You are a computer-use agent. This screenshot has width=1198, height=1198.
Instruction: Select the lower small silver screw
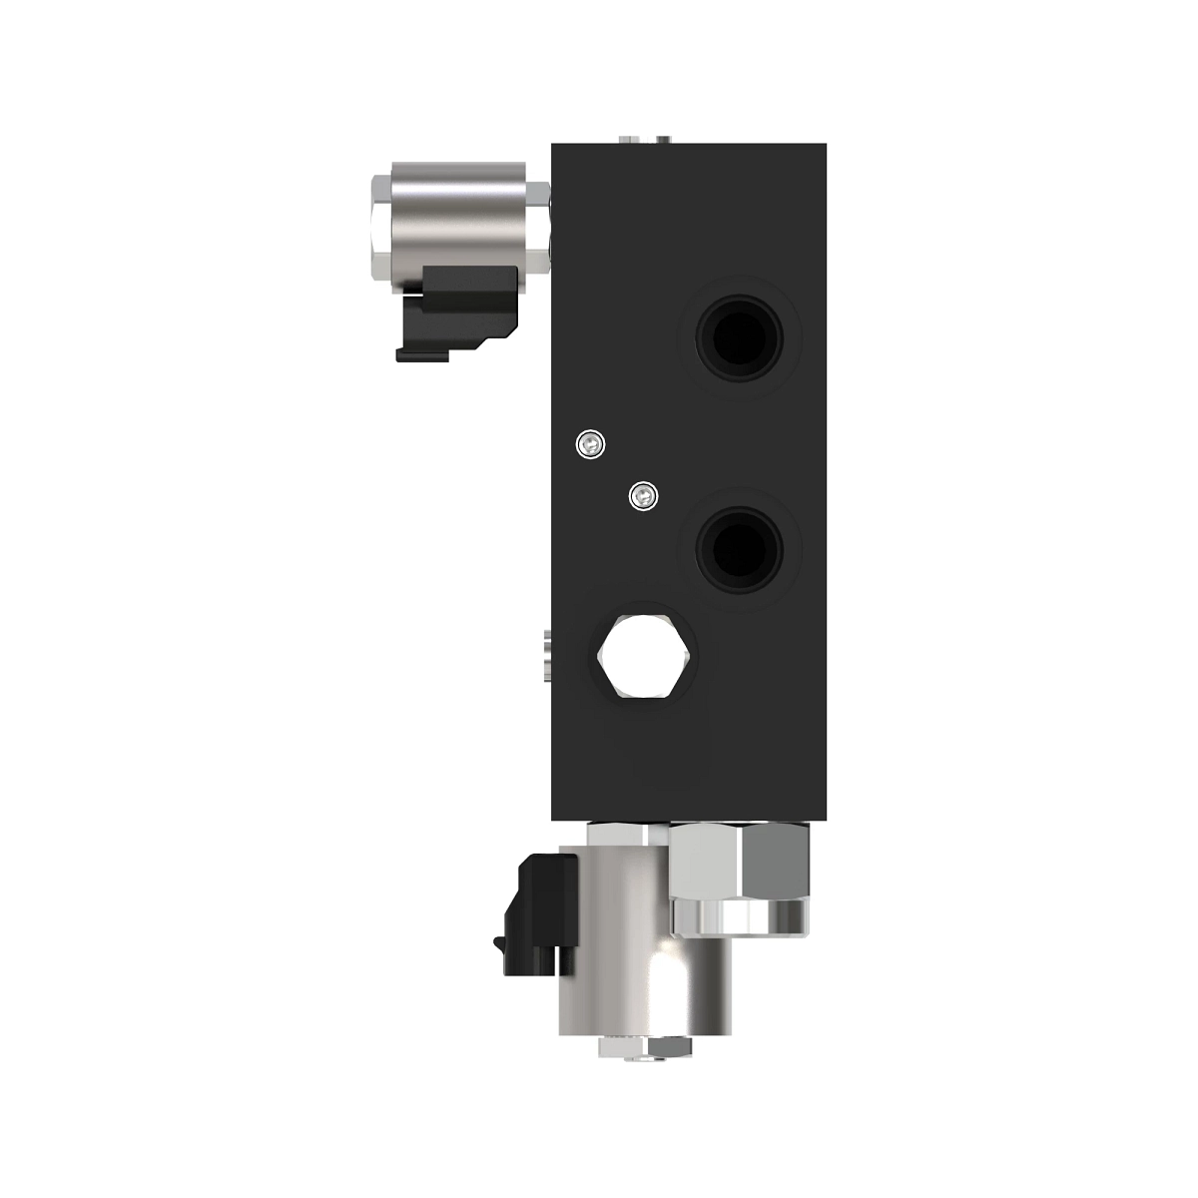tap(644, 494)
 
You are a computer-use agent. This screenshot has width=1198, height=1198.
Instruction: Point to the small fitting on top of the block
tap(643, 139)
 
